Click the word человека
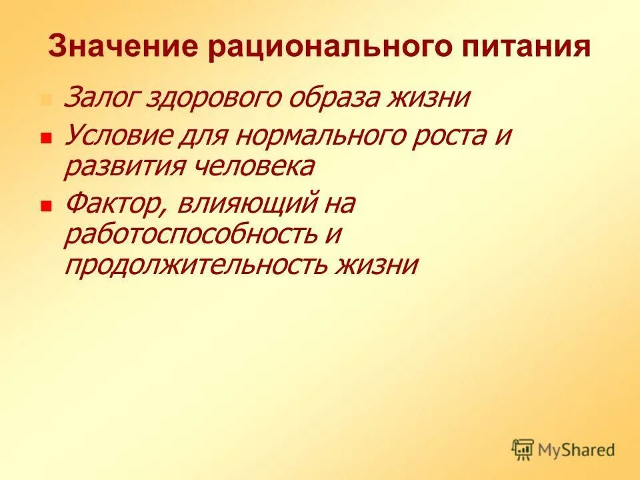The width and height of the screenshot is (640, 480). coord(261,167)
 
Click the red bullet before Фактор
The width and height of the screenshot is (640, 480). coord(46,207)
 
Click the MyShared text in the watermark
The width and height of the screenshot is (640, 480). coord(577,450)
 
